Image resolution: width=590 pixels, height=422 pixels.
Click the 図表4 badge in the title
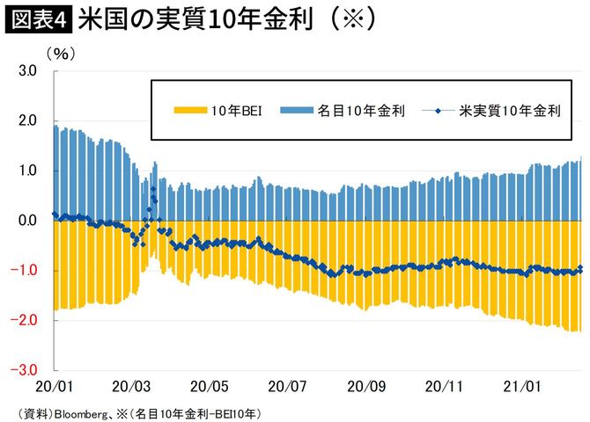[38, 19]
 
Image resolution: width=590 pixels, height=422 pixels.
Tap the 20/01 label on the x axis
[55, 387]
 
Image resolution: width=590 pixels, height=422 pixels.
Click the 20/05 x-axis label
[211, 387]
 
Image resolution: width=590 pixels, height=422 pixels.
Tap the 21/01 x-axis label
[520, 387]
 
